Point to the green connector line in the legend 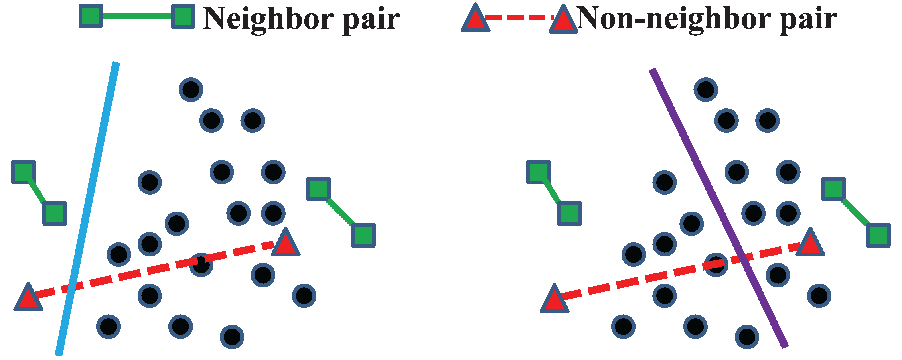click(x=137, y=16)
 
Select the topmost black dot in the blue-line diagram click(x=191, y=90)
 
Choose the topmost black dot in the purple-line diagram click(x=705, y=90)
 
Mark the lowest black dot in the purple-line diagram click(x=747, y=337)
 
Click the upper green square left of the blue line click(x=23, y=172)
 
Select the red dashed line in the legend click(x=518, y=18)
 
